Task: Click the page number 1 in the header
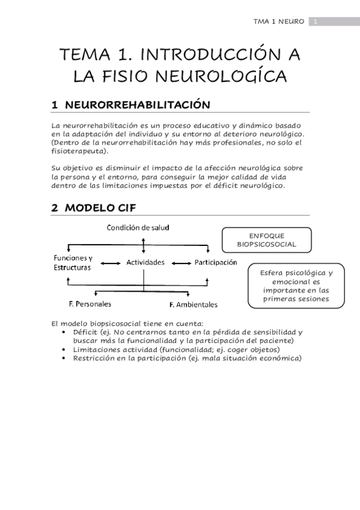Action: pos(314,22)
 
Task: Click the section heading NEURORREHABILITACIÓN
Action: pos(137,105)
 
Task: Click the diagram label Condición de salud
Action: pos(138,227)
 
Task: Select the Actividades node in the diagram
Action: pos(145,263)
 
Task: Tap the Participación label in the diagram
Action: pos(215,263)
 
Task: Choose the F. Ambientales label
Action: pos(194,304)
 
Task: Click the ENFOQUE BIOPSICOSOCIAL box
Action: pos(266,241)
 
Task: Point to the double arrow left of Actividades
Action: pos(109,263)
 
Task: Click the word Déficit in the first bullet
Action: pos(85,332)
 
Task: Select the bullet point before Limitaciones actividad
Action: pos(64,349)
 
